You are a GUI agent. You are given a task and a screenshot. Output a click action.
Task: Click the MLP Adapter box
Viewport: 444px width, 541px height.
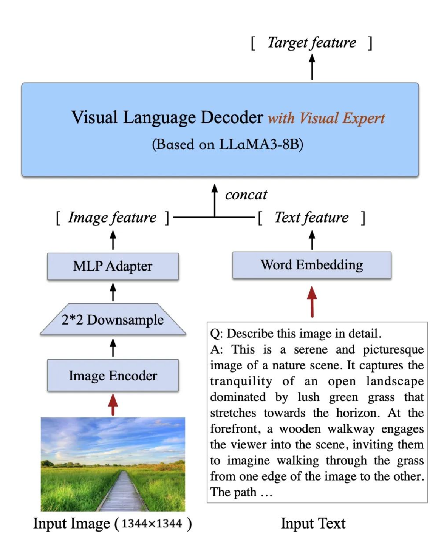[x=113, y=266]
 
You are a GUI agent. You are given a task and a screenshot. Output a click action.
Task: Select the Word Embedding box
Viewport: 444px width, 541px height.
[x=312, y=265]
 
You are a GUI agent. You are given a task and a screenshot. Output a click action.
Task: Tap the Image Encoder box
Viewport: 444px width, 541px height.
[x=113, y=376]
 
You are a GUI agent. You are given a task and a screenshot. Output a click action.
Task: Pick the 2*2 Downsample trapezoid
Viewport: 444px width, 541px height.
[x=113, y=320]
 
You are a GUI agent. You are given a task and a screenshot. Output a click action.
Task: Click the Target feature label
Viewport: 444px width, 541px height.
[x=312, y=43]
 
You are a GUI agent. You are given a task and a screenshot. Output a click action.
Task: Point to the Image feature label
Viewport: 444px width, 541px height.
[x=112, y=218]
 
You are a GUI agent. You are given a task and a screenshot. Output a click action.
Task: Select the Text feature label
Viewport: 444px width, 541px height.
[x=311, y=218]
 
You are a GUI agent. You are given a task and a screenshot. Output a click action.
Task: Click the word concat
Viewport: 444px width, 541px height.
[x=246, y=195]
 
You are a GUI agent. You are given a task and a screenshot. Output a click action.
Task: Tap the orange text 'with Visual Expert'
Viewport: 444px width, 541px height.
[x=326, y=118]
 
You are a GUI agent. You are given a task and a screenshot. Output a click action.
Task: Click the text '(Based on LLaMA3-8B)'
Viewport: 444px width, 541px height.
[x=227, y=144]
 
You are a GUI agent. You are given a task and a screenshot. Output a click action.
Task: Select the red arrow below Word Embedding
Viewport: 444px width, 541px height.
[x=312, y=301]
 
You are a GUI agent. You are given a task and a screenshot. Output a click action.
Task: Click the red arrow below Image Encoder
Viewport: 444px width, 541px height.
[x=113, y=404]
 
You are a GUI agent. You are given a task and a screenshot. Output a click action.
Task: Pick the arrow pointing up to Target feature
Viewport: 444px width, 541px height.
[x=312, y=67]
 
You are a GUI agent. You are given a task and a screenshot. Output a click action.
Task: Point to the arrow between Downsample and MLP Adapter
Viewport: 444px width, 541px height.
[x=113, y=292]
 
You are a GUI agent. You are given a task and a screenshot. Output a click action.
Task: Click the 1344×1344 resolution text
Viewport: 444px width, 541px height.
[x=152, y=524]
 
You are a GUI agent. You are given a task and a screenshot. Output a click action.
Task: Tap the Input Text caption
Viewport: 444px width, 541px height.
[x=313, y=524]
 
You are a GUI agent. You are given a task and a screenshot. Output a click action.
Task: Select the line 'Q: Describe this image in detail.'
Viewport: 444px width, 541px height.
[x=295, y=334]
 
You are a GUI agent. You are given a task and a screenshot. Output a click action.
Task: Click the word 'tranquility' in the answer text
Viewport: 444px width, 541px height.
[x=241, y=381]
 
